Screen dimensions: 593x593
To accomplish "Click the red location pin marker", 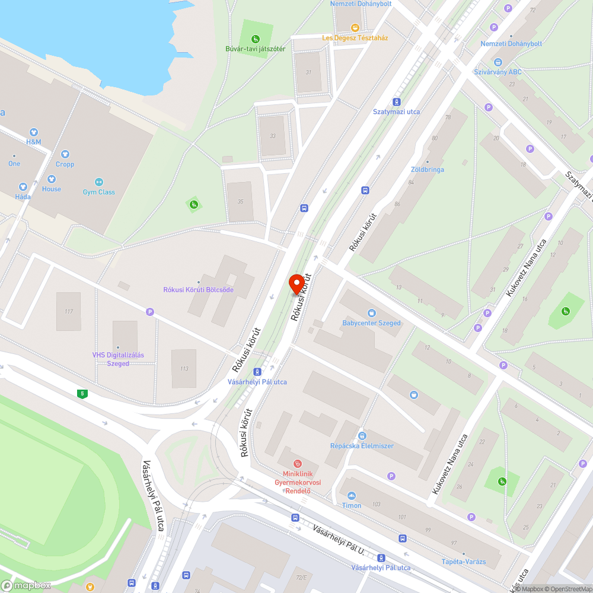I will (296, 283).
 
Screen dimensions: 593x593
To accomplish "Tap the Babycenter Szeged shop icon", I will (371, 313).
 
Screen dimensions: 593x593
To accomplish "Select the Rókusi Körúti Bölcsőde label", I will (198, 289).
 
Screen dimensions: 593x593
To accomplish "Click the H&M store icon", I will (33, 132).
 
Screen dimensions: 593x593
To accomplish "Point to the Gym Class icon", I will (99, 181).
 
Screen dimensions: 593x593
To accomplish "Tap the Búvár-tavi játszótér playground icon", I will (256, 39).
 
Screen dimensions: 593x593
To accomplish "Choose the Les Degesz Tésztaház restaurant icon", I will (355, 27).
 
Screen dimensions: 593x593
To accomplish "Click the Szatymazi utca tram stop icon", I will (397, 101).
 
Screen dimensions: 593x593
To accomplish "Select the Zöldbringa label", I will (428, 170).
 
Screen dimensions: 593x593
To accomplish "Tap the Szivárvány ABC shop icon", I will (498, 62).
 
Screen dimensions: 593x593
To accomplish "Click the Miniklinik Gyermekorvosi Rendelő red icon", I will (298, 463).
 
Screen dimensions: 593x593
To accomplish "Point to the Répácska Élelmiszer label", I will (362, 445).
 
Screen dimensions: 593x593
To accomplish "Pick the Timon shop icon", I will (352, 495).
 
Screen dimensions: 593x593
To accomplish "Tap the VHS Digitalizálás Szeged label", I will (118, 359).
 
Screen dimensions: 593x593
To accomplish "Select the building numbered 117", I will (68, 311).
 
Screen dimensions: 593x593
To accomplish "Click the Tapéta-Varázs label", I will (464, 562).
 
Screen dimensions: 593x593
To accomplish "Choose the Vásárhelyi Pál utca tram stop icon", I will (257, 372).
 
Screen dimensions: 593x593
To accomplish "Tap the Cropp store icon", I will (65, 154).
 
